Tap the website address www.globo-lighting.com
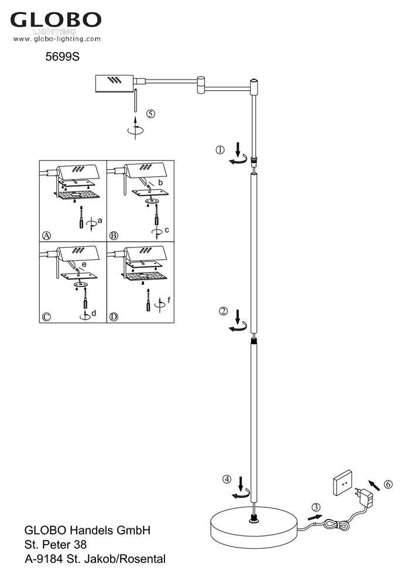point(57,39)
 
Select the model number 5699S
point(62,58)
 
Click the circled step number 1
point(220,150)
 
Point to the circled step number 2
point(223,311)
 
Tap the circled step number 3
point(316,507)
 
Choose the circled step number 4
point(227,479)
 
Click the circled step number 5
point(151,114)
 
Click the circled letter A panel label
point(47,236)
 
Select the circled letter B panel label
point(114,236)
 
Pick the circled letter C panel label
point(47,317)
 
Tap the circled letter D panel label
point(114,317)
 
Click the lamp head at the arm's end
point(114,84)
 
